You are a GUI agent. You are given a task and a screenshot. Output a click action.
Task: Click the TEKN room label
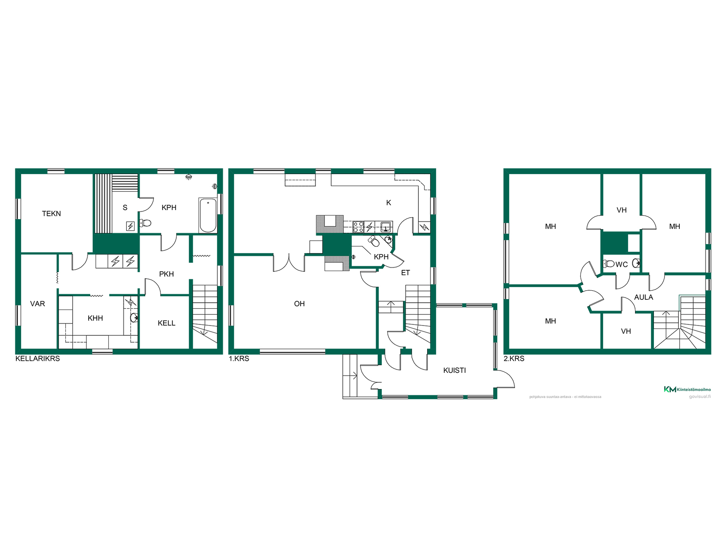(x=51, y=213)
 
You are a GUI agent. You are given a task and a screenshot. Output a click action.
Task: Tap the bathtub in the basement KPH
(x=208, y=215)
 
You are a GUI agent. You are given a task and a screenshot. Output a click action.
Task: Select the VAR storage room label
(x=37, y=304)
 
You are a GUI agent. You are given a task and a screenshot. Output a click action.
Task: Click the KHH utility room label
(x=95, y=318)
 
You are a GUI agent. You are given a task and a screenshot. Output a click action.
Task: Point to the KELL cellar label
(x=167, y=323)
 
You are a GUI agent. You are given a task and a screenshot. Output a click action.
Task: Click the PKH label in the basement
(x=167, y=274)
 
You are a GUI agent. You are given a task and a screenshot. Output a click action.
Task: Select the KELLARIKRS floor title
(x=37, y=358)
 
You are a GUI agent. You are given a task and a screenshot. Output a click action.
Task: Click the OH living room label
(x=300, y=304)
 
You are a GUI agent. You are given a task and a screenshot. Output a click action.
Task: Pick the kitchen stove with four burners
(x=358, y=227)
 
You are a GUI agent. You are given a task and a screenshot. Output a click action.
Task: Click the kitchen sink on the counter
(x=385, y=227)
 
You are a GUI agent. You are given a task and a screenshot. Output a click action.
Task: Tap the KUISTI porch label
(x=455, y=370)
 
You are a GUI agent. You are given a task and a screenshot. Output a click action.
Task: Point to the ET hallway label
(x=406, y=272)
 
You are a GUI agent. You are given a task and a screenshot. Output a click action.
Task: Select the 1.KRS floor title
(x=239, y=358)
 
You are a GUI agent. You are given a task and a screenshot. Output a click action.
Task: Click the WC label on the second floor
(x=622, y=265)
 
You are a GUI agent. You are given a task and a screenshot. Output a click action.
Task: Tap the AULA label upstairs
(x=644, y=297)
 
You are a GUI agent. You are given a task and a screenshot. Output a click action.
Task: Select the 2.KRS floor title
(x=514, y=358)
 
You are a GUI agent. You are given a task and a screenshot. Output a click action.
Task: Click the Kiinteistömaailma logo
(x=687, y=389)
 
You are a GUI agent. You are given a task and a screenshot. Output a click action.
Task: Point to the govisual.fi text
(x=700, y=397)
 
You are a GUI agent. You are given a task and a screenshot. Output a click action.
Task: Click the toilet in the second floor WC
(x=609, y=263)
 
